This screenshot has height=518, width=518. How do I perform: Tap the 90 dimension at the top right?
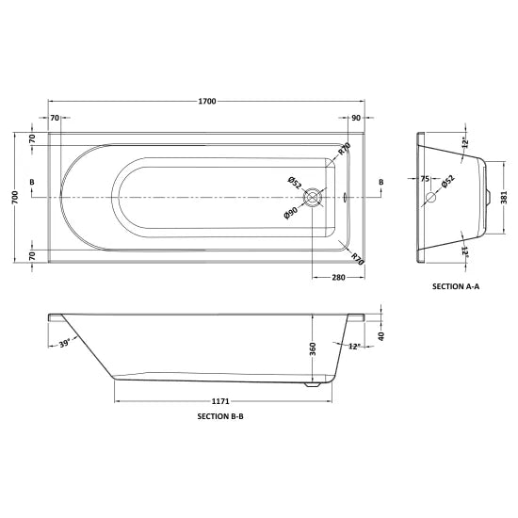coord(355,118)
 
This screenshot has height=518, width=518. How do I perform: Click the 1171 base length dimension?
coord(216,398)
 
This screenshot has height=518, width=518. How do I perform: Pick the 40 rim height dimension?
coord(380,336)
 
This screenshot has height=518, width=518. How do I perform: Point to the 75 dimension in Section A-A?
coord(425,179)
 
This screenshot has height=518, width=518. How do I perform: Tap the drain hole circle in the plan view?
coord(315,198)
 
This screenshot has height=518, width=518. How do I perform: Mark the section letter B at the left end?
coord(33,181)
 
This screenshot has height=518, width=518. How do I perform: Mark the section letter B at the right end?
coord(380,181)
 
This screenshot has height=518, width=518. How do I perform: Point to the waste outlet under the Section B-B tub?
coord(315,383)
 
